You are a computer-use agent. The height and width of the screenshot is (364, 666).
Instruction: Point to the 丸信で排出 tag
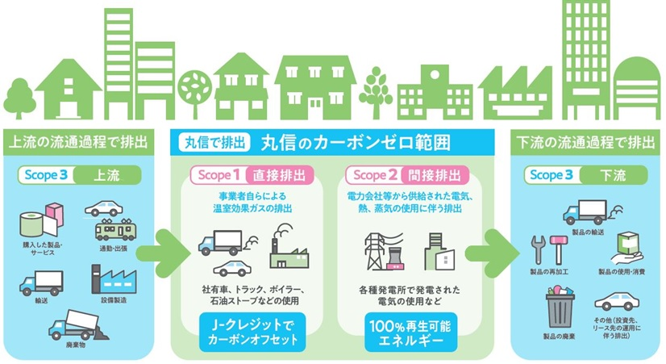pyautogui.click(x=214, y=142)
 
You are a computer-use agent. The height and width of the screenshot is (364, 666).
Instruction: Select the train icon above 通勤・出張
pyautogui.click(x=113, y=229)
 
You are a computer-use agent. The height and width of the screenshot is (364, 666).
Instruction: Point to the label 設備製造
pyautogui.click(x=114, y=299)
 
